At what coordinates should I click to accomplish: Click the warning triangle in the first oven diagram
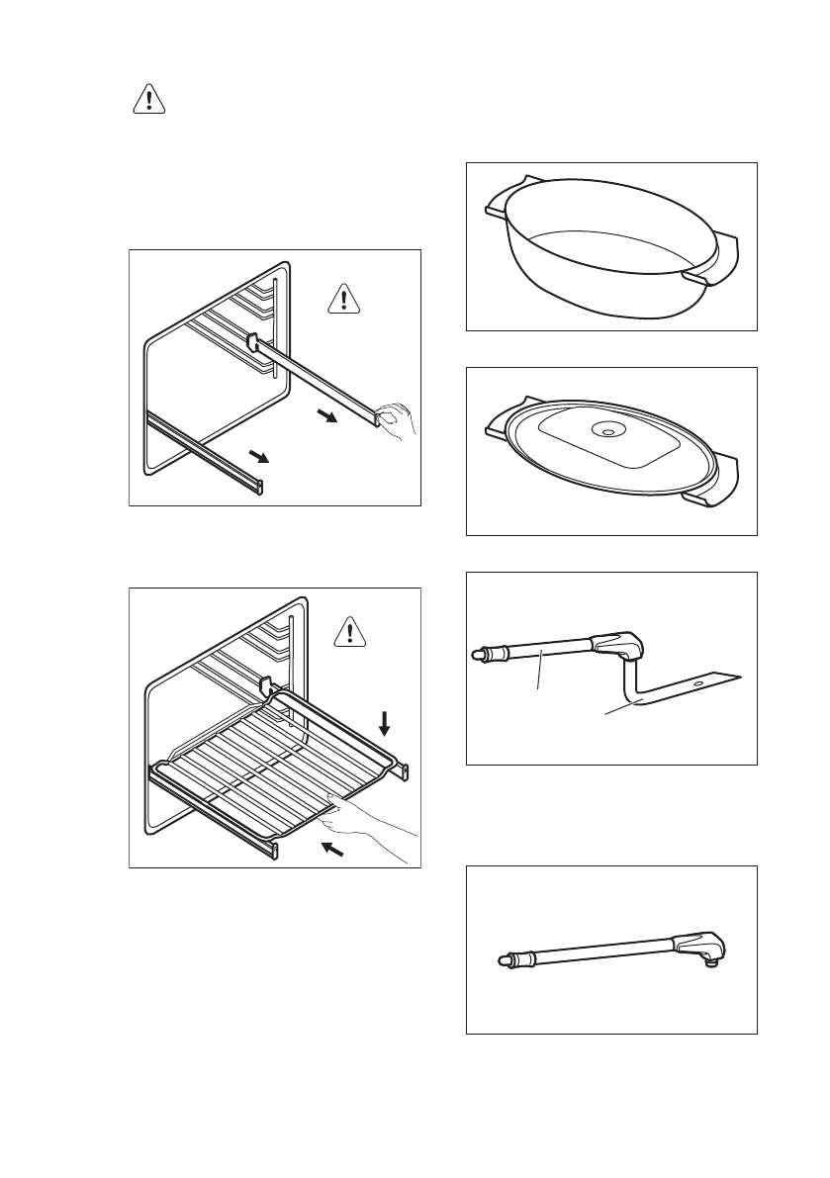343,297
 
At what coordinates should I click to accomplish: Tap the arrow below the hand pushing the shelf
334,849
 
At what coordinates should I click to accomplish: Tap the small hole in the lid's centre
606,431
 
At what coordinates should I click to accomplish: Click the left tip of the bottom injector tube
503,958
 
